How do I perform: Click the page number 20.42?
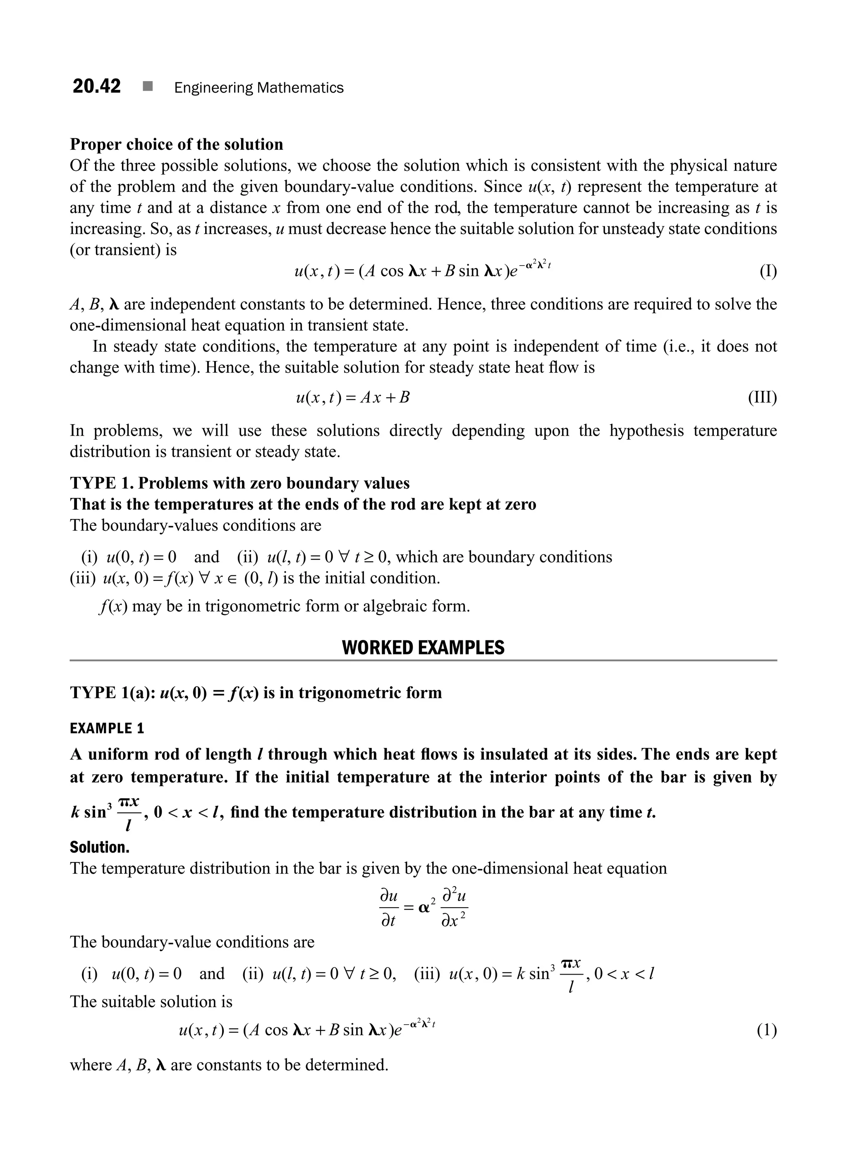point(96,86)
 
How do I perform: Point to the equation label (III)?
point(762,398)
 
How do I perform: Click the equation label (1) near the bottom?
point(766,1030)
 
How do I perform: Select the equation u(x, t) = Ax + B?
point(353,398)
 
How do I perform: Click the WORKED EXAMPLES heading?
point(423,648)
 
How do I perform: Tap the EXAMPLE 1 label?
point(107,728)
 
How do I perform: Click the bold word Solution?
point(100,847)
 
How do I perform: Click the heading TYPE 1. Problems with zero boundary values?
point(239,483)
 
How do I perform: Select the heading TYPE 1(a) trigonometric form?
point(255,693)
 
